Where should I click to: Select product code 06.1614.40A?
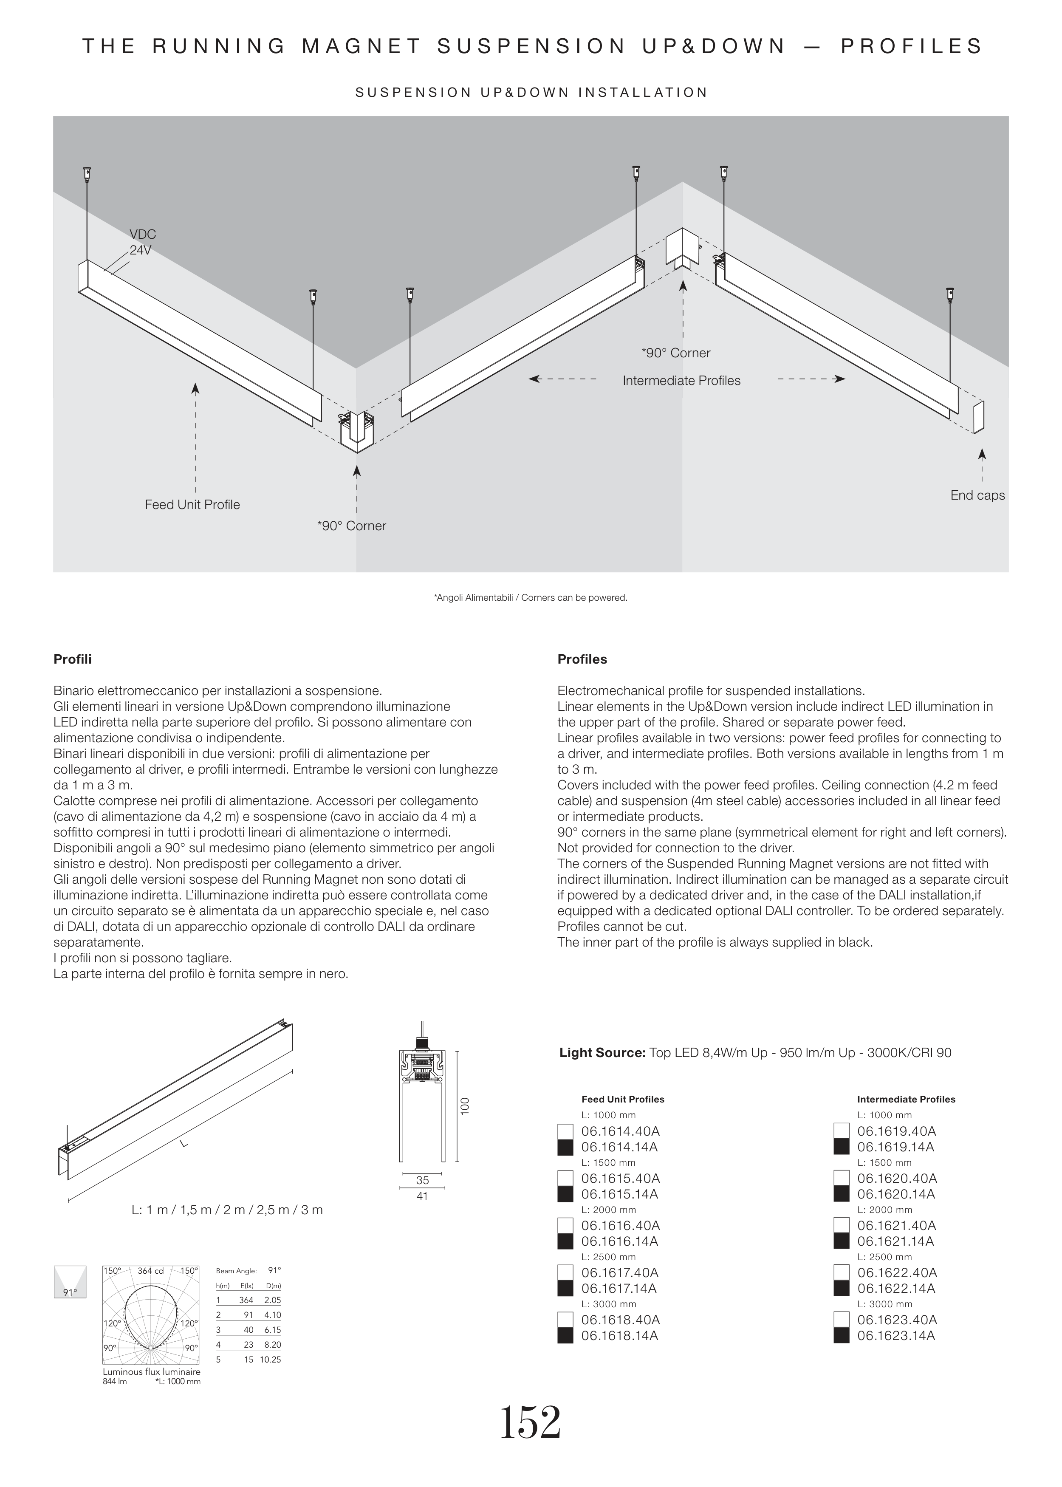619,1131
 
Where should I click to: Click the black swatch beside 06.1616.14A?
565,1242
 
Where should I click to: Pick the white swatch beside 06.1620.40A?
841,1179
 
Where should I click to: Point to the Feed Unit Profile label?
192,505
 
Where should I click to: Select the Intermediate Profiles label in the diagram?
681,381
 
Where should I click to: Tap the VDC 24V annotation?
142,242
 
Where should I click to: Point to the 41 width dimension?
422,1196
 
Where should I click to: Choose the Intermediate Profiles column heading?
906,1099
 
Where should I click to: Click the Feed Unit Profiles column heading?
623,1099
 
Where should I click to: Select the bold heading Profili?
73,659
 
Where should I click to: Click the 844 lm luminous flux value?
115,1382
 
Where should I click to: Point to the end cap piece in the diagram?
978,416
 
